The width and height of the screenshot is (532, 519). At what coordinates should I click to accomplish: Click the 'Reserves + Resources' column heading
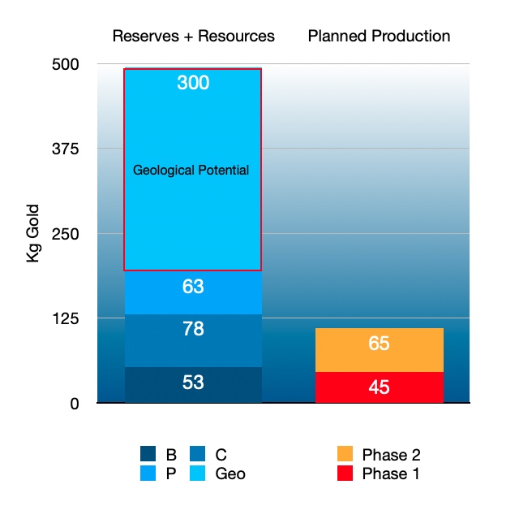click(x=193, y=36)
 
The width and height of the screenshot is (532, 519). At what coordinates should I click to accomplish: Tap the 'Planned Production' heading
click(x=379, y=36)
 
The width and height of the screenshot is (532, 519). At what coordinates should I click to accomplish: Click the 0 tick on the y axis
click(x=74, y=403)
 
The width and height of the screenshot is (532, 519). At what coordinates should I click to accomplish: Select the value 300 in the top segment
click(x=193, y=83)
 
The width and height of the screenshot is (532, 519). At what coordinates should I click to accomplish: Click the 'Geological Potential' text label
click(x=191, y=171)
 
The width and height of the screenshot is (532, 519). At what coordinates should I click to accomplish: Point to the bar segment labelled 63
click(x=193, y=292)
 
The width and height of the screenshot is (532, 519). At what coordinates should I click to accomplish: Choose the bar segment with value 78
click(x=193, y=340)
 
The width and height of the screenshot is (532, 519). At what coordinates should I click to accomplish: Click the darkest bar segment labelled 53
click(x=193, y=385)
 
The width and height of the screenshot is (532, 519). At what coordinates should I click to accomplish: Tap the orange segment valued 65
click(x=379, y=350)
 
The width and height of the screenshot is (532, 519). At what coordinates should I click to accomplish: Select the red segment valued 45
click(x=379, y=387)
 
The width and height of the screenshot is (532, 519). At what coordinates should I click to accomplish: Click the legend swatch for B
click(x=147, y=455)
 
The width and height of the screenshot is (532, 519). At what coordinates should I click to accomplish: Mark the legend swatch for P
click(x=147, y=474)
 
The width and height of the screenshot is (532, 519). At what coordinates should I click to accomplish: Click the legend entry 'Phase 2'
click(x=391, y=455)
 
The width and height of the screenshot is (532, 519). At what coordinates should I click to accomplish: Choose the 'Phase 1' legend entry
click(x=391, y=474)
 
